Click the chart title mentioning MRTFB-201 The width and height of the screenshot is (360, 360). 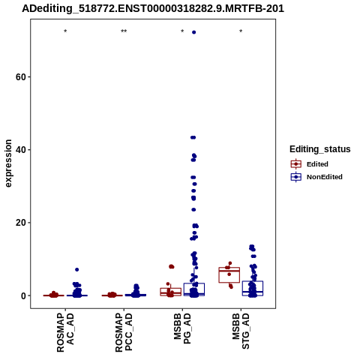click(x=153, y=8)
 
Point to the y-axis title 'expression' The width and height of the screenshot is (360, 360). click(x=8, y=163)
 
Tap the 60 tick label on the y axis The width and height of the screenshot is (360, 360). click(x=21, y=77)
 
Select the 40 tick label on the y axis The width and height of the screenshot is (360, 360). click(x=21, y=150)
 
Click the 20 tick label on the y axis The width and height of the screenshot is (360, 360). click(x=21, y=223)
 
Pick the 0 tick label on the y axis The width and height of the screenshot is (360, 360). click(x=24, y=296)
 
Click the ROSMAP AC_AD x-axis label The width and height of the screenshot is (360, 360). click(x=65, y=333)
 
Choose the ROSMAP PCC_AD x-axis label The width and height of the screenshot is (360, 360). click(x=124, y=333)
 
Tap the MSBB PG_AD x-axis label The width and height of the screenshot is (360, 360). click(x=182, y=328)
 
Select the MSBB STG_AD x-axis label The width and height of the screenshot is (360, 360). click(x=241, y=331)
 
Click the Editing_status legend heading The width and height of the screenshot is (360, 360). click(x=320, y=149)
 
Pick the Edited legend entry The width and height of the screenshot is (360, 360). click(x=317, y=164)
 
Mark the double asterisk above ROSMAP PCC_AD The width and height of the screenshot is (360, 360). click(x=124, y=31)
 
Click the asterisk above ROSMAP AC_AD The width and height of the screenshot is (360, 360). click(x=65, y=31)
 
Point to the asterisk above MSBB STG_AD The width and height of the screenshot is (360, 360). click(x=241, y=31)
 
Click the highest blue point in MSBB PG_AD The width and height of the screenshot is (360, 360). click(x=193, y=32)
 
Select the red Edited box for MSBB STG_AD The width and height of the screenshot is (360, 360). click(x=229, y=275)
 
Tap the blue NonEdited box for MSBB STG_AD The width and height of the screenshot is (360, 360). click(x=253, y=289)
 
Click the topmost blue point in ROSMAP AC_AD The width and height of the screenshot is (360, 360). click(x=77, y=269)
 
